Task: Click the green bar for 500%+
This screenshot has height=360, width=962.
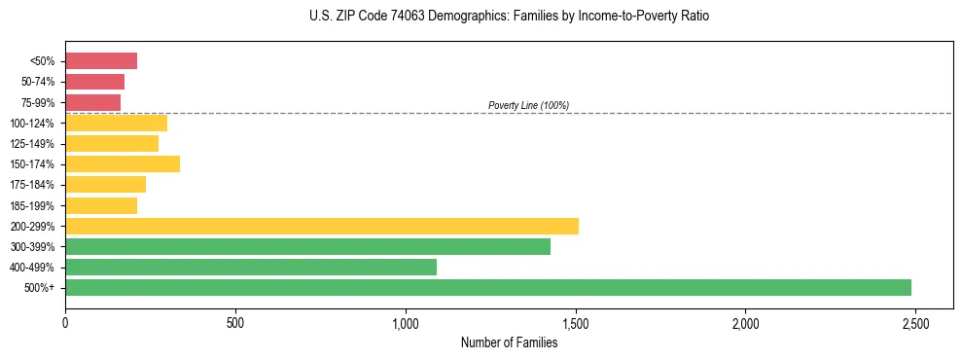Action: pyautogui.click(x=487, y=287)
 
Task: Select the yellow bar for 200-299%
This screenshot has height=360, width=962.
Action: pyautogui.click(x=321, y=226)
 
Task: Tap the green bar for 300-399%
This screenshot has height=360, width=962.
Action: pyautogui.click(x=307, y=246)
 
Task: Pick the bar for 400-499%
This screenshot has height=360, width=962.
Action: pyautogui.click(x=250, y=267)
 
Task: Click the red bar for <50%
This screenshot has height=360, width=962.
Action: pyautogui.click(x=101, y=61)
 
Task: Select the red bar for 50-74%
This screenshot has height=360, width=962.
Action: pyautogui.click(x=94, y=82)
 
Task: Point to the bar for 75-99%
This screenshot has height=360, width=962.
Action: pyautogui.click(x=92, y=102)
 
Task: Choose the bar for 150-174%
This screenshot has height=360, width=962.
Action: pyautogui.click(x=123, y=163)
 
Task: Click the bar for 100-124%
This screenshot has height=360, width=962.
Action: pyautogui.click(x=116, y=123)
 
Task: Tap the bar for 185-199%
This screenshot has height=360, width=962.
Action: pyautogui.click(x=101, y=205)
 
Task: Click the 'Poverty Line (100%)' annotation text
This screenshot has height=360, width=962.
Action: pyautogui.click(x=528, y=105)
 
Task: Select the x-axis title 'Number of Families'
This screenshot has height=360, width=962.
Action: pyautogui.click(x=509, y=342)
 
